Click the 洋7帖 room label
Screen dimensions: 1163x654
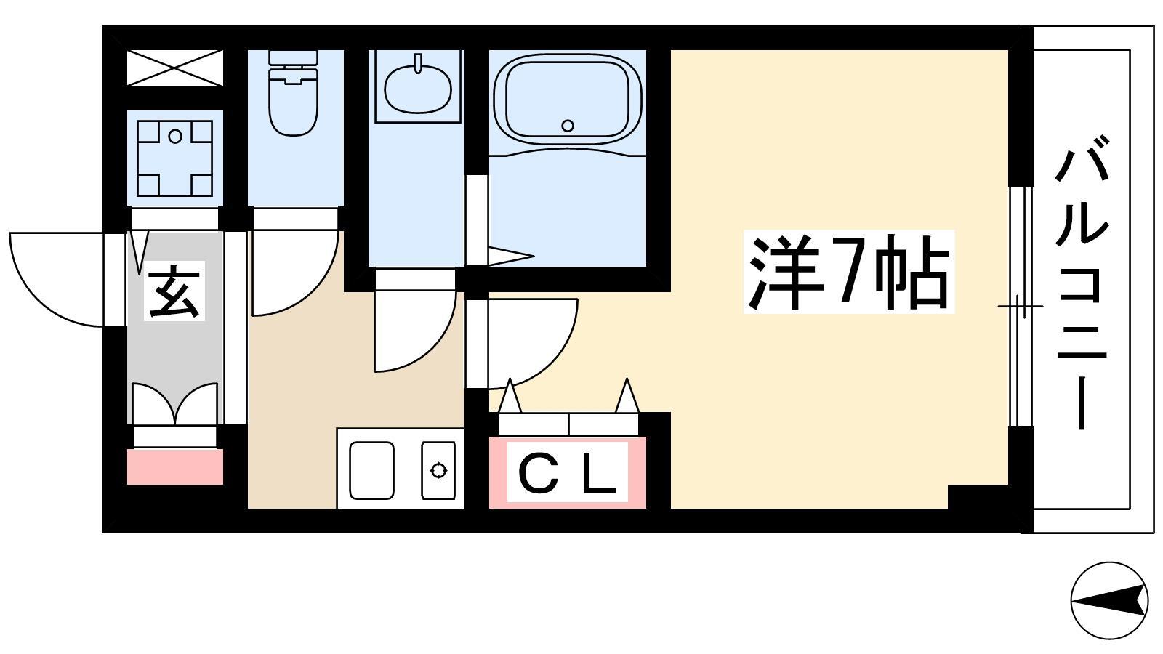(848, 272)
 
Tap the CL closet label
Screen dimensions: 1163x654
(568, 473)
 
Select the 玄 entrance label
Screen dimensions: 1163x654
(174, 291)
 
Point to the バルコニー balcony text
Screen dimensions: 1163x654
(1082, 283)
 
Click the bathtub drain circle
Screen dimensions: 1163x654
(568, 125)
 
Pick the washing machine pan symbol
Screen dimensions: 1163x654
(175, 158)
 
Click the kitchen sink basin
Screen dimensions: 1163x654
(371, 470)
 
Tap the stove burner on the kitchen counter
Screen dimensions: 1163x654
(439, 470)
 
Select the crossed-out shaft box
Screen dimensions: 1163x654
(175, 68)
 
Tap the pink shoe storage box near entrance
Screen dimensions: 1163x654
(175, 467)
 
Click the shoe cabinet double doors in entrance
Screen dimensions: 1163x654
(175, 405)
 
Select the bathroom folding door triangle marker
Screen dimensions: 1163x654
(511, 256)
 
